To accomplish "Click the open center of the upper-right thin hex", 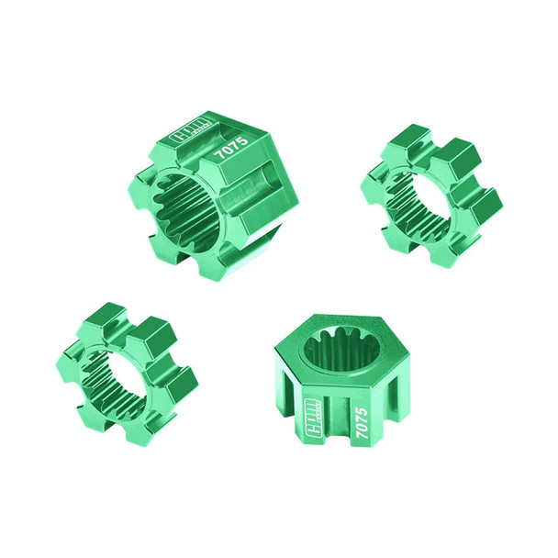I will click(x=426, y=195).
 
